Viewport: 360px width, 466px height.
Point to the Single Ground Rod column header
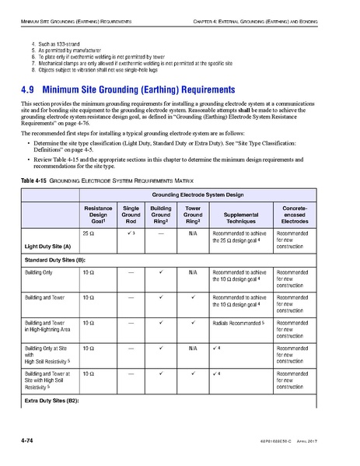click(x=131, y=213)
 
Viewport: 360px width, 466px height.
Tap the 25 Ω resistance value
click(x=88, y=233)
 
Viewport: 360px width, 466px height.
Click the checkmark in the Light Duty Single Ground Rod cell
click(x=130, y=233)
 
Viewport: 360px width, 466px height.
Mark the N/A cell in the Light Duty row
click(x=192, y=233)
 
